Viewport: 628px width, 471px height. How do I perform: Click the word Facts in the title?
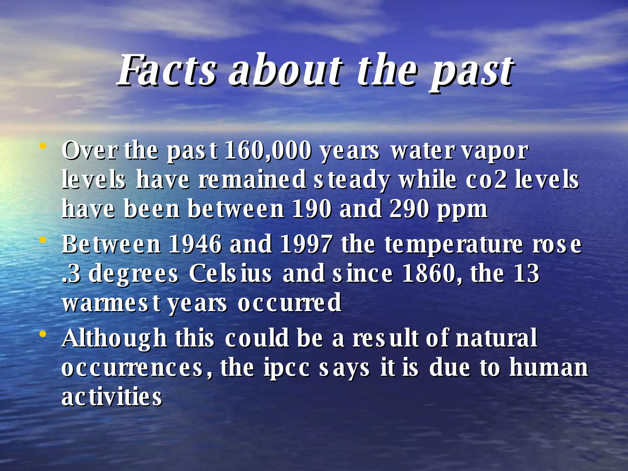pyautogui.click(x=167, y=71)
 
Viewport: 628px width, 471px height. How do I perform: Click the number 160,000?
pyautogui.click(x=268, y=151)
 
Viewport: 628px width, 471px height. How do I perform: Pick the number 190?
pyautogui.click(x=312, y=209)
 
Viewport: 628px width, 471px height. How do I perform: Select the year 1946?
pyautogui.click(x=195, y=244)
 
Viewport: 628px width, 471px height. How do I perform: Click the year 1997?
pyautogui.click(x=306, y=244)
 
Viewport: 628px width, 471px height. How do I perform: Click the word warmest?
pyautogui.click(x=111, y=303)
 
